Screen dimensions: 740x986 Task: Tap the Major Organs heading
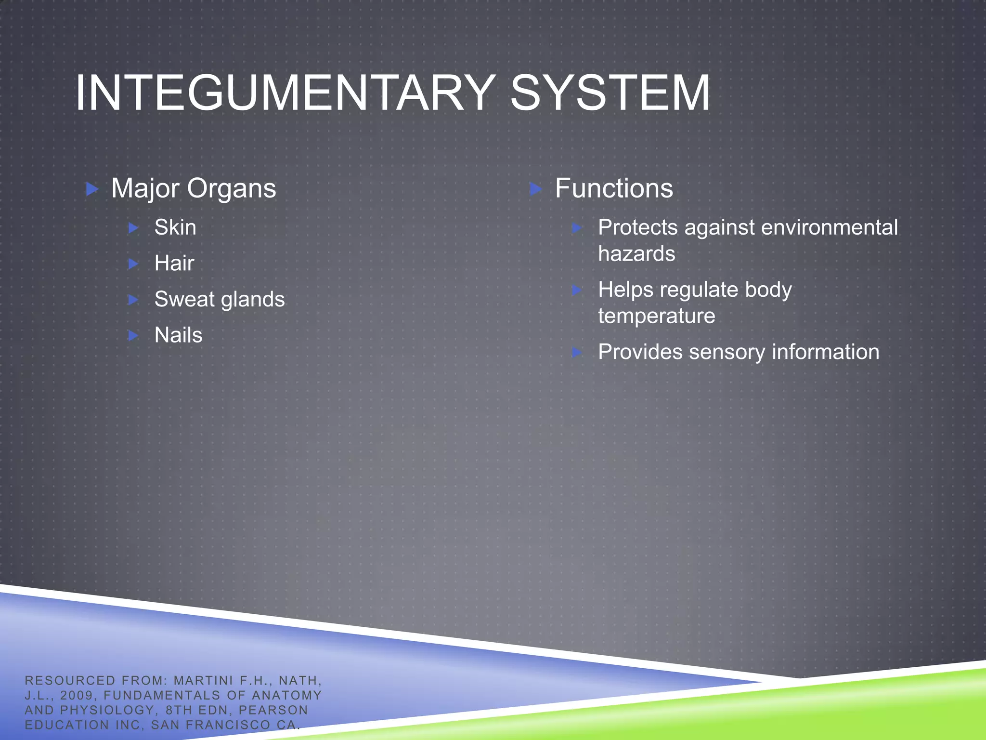tap(194, 188)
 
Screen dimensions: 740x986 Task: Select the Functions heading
tap(614, 188)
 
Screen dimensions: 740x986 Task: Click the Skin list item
tap(175, 227)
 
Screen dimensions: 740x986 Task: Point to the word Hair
tap(174, 263)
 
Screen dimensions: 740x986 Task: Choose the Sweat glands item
tap(220, 299)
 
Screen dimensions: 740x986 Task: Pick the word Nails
tap(178, 335)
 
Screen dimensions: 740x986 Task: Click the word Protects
tap(638, 227)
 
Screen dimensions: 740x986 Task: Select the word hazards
tap(636, 254)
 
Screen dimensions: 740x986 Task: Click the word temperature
tap(657, 316)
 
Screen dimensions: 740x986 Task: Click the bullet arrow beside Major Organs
tap(92, 189)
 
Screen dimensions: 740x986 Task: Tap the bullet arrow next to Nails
tap(134, 335)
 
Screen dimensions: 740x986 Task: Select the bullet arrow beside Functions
tap(535, 189)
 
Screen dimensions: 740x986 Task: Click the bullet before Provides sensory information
tap(577, 353)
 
